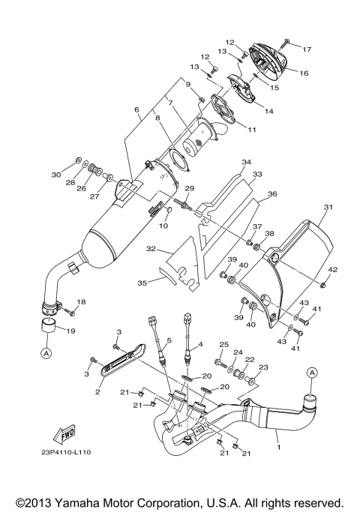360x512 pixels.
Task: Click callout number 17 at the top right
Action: (x=306, y=49)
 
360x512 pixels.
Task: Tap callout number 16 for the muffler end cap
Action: (x=304, y=73)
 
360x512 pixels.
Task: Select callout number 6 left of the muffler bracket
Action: (x=136, y=109)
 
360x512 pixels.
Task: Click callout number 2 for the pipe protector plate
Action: (x=98, y=391)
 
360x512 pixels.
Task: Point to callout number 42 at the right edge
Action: (x=333, y=270)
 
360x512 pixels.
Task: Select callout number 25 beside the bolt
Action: (x=223, y=343)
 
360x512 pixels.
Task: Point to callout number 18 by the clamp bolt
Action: (x=82, y=301)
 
